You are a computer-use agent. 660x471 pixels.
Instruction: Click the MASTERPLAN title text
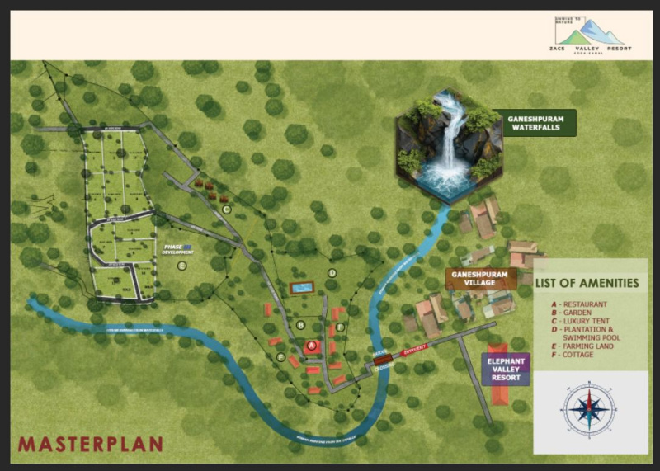tap(91, 445)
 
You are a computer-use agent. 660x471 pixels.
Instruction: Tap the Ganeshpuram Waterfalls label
tap(530, 122)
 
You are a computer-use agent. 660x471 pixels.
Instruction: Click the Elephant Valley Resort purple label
tap(506, 370)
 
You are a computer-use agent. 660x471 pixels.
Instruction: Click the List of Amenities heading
tap(587, 283)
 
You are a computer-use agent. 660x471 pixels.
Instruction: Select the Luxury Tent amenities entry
tap(587, 321)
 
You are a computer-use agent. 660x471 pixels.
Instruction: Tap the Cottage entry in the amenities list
tap(578, 356)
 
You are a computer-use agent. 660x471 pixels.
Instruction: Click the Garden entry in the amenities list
tap(578, 313)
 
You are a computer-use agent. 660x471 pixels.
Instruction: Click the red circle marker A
tap(312, 346)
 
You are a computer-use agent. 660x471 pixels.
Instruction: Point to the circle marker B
tap(301, 324)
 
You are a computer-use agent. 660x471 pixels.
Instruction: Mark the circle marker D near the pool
tap(332, 272)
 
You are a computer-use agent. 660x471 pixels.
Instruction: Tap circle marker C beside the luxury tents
tap(226, 210)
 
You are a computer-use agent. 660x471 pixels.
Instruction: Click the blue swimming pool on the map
tap(302, 288)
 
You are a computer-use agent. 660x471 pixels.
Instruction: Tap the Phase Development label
tap(177, 248)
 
